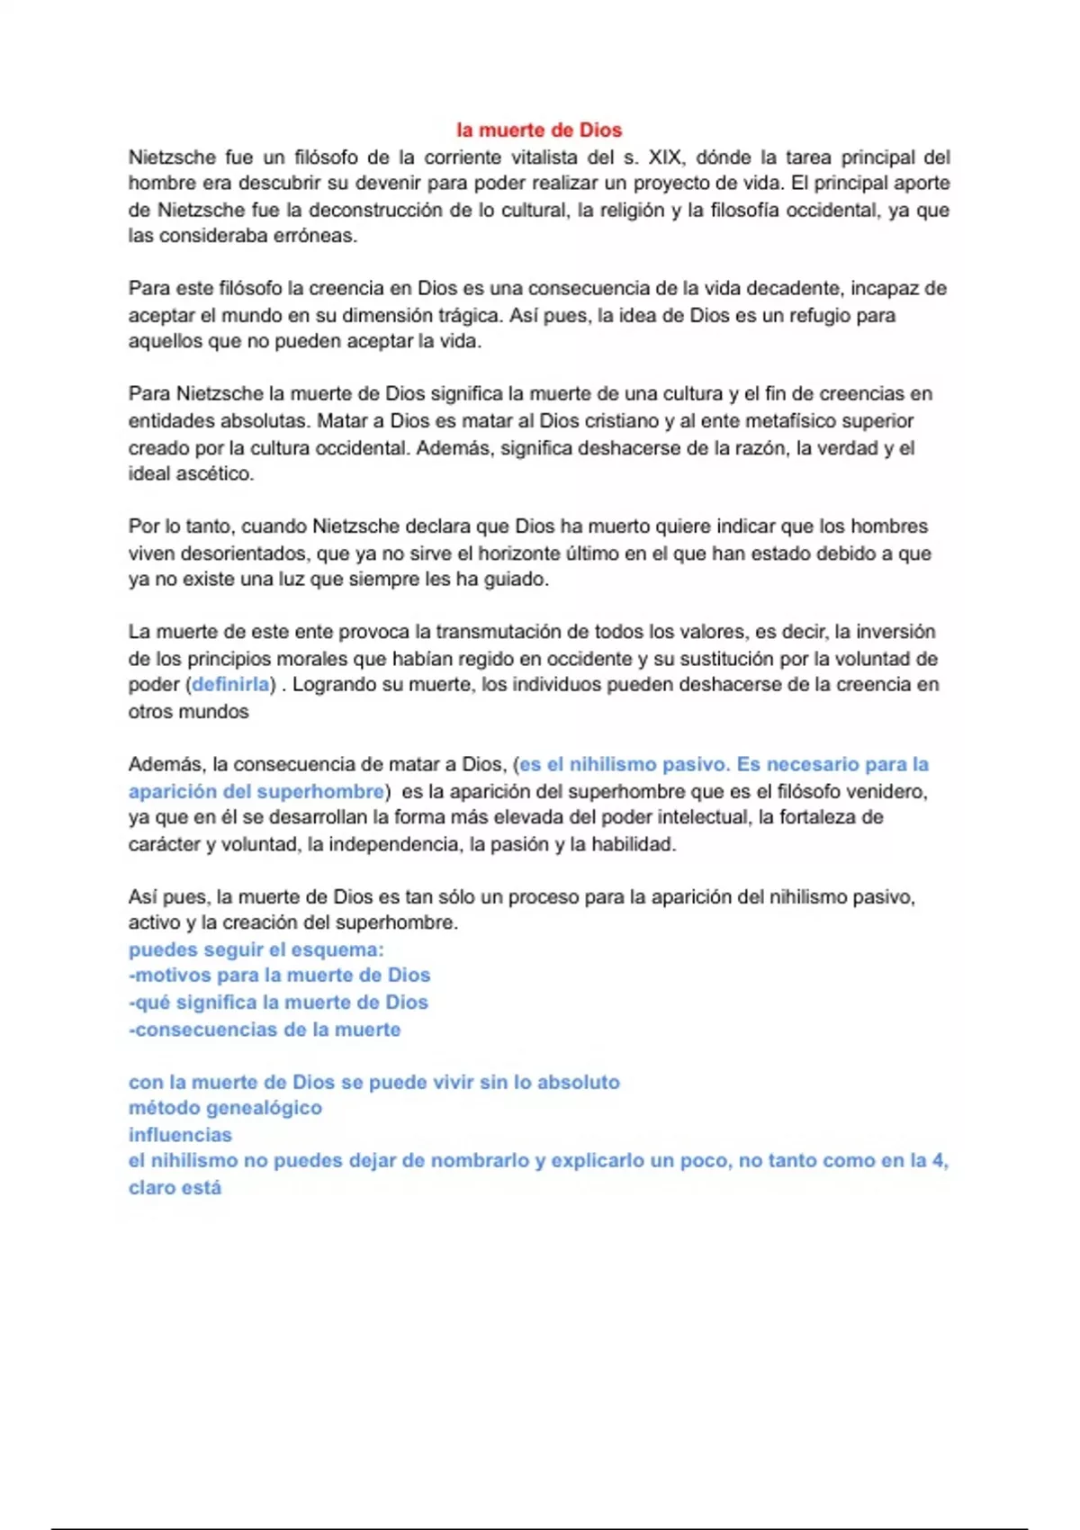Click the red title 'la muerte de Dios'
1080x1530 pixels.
[539, 130]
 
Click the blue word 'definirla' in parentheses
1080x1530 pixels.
[230, 685]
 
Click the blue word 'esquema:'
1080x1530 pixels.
[344, 949]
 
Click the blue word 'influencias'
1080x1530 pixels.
[180, 1135]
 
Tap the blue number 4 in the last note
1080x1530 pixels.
[939, 1161]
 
